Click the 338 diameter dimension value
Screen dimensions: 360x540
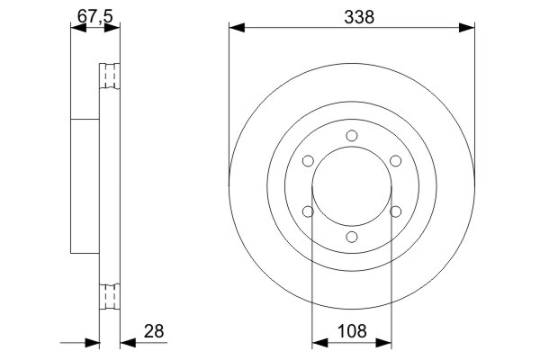coord(352,16)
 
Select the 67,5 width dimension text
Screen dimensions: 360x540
coord(94,16)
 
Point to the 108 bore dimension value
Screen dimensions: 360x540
coord(352,331)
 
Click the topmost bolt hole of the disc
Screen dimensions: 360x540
coord(352,136)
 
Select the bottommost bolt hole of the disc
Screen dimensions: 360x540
coord(352,237)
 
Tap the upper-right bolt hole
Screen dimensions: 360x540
coord(395,161)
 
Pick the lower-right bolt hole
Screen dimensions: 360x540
coord(395,211)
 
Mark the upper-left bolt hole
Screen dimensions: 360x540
coord(308,161)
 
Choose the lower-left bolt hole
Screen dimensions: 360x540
coord(308,211)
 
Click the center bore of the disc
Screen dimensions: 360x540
coord(352,186)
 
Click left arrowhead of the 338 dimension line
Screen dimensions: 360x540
coord(236,28)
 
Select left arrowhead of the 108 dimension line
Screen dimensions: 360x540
coord(318,343)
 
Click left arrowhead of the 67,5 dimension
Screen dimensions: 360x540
coord(76,28)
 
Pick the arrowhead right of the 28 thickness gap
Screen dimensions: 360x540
coord(127,343)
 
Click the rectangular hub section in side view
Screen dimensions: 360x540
coord(83,186)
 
